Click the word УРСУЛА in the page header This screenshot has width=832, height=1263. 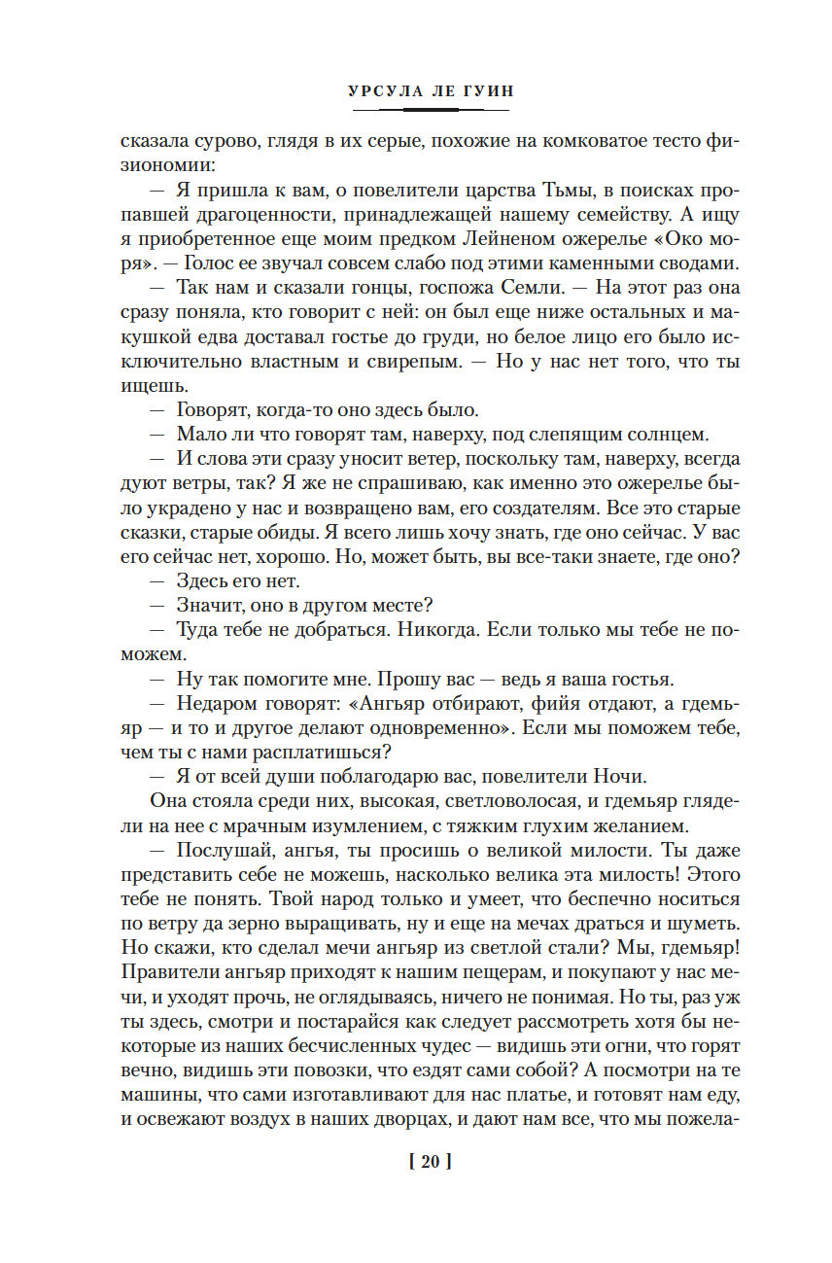click(382, 91)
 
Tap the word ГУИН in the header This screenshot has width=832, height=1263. click(482, 91)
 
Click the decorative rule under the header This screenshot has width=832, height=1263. click(429, 109)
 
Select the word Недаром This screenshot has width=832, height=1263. click(220, 703)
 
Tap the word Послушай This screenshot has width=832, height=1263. click(224, 850)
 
